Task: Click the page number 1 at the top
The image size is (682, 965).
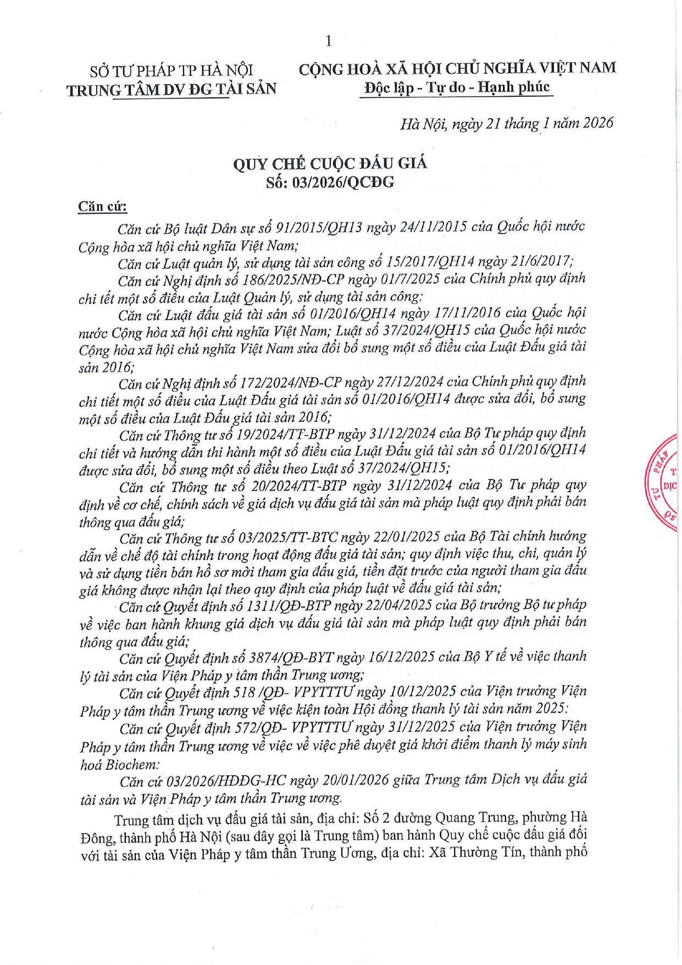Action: [329, 41]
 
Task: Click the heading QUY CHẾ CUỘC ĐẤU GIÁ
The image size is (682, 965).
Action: [330, 163]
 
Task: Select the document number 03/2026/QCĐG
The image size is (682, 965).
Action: [343, 182]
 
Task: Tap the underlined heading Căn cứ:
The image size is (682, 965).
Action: [102, 207]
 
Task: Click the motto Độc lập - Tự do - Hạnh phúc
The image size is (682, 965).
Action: [457, 87]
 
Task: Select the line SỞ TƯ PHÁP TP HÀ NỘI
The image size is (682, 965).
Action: [171, 70]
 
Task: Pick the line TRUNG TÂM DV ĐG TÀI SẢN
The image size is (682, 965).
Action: [171, 89]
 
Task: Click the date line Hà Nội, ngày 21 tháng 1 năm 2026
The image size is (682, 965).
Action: [506, 123]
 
